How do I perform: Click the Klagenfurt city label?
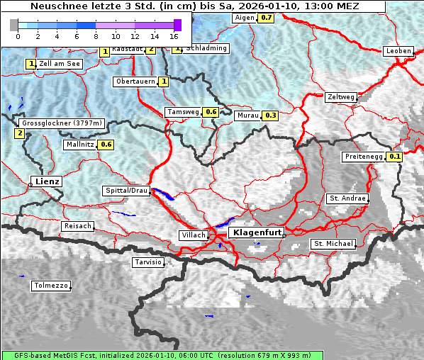(258, 232)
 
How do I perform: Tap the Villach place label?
(194, 235)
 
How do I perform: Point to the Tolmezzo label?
(50, 286)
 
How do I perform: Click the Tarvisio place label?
(148, 262)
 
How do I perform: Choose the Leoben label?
(398, 51)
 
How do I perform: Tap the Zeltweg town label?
(342, 97)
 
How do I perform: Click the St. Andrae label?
(347, 198)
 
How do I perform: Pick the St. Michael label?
(333, 244)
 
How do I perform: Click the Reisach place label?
(78, 226)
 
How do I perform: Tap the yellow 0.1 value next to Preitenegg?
(395, 157)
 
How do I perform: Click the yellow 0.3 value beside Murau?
(270, 116)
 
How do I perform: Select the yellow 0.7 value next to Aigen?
(266, 17)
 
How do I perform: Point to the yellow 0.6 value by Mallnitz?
(106, 145)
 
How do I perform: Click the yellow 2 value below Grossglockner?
(19, 133)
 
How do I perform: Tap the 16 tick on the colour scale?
(174, 35)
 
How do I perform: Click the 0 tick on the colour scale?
(18, 35)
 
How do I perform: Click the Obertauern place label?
(135, 81)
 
